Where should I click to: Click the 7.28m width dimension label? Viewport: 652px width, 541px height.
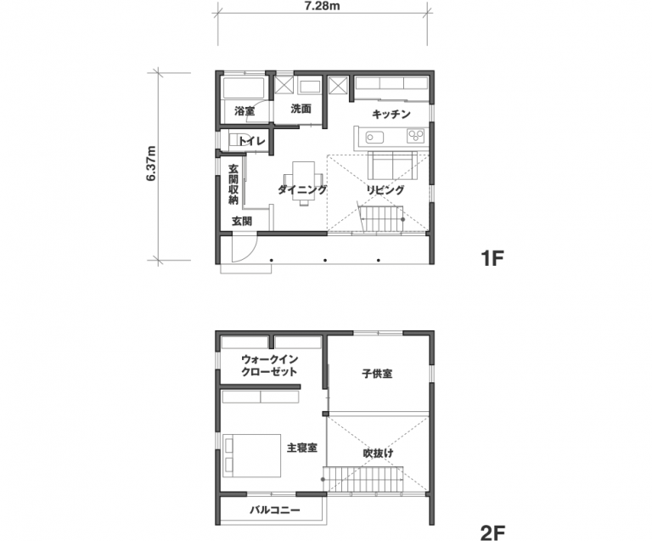click(x=322, y=5)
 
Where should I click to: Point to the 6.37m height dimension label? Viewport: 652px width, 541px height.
click(x=151, y=163)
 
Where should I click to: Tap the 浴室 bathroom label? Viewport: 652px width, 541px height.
click(x=244, y=111)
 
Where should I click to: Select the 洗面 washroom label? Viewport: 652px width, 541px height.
click(x=301, y=109)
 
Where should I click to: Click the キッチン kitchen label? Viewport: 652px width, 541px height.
click(x=391, y=114)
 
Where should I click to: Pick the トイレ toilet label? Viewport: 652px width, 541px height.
click(x=251, y=141)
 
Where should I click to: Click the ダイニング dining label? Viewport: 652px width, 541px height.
click(x=302, y=189)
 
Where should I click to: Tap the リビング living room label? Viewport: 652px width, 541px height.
click(x=385, y=189)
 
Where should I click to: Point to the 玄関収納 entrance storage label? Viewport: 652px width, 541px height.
click(x=233, y=184)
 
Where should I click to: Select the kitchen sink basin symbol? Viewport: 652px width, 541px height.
click(x=374, y=137)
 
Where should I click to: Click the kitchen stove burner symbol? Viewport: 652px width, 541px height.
click(x=416, y=136)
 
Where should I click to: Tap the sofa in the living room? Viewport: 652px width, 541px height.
click(x=393, y=166)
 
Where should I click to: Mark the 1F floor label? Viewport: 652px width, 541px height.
click(x=492, y=258)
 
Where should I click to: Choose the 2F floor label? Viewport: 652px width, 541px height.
click(x=492, y=533)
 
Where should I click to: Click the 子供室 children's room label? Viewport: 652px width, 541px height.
click(x=377, y=374)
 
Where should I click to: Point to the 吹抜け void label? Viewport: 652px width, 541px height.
click(x=378, y=453)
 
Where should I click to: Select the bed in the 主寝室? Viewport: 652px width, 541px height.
click(x=251, y=455)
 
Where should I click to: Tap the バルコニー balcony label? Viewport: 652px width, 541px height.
click(x=275, y=510)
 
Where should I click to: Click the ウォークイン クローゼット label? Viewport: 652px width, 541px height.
click(x=269, y=365)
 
